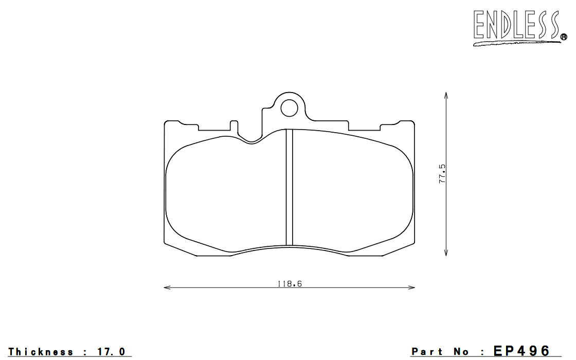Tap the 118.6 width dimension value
click(290, 284)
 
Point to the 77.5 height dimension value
click(442, 174)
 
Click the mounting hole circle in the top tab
click(290, 108)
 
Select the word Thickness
click(41, 352)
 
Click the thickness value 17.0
click(112, 352)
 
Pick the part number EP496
click(522, 350)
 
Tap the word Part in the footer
click(427, 352)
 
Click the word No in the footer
click(461, 352)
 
